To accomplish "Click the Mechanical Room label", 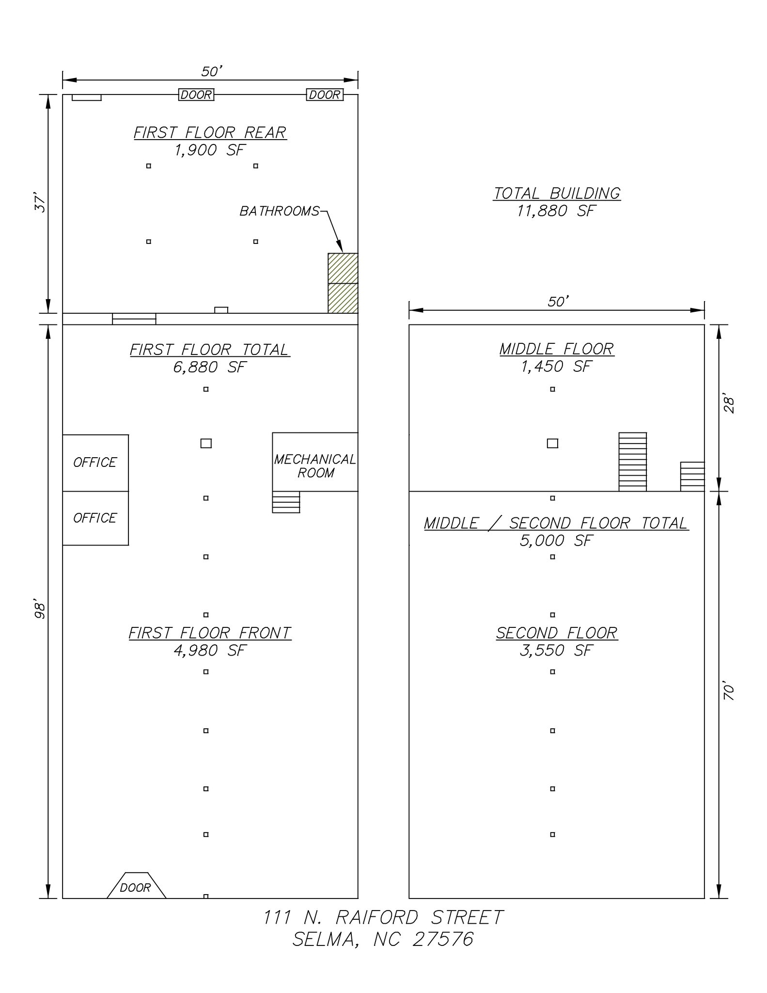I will click(x=315, y=465).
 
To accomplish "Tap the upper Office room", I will click(x=95, y=463).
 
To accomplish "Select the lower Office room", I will click(x=95, y=518).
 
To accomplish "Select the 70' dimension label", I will click(x=729, y=692).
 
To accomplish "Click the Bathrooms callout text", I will click(x=280, y=211).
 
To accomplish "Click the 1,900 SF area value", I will click(x=209, y=150).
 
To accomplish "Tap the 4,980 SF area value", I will click(x=210, y=650).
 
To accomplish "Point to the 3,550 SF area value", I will click(x=556, y=650).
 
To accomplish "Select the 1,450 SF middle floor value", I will click(x=556, y=367).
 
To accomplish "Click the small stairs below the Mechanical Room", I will click(x=286, y=502).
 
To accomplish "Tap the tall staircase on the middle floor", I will click(x=632, y=462).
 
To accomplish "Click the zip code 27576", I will click(x=443, y=940).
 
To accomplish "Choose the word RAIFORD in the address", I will click(x=376, y=917).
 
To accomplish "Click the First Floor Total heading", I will click(x=209, y=350).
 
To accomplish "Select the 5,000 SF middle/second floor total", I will click(x=556, y=541).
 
